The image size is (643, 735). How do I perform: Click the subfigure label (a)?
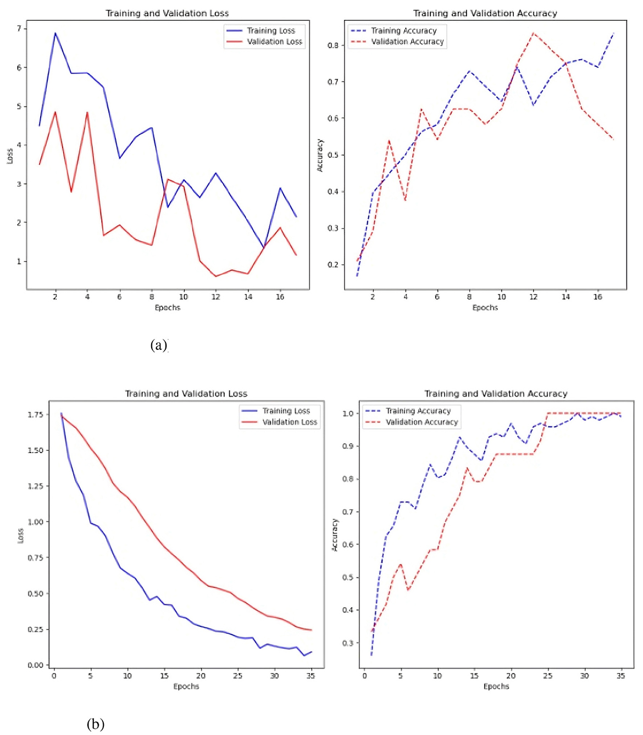(x=158, y=345)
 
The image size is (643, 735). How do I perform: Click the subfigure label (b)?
(x=95, y=724)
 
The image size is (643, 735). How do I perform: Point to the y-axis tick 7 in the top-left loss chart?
(x=19, y=29)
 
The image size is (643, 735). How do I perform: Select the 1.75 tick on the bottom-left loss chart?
(x=35, y=415)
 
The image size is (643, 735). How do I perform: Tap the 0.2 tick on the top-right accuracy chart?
(x=333, y=265)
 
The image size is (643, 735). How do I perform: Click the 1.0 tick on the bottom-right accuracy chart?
(x=347, y=414)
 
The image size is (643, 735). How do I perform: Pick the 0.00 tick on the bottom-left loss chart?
(x=35, y=665)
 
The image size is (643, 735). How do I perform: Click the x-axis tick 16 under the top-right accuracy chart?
(x=597, y=297)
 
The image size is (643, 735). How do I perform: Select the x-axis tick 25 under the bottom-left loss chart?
(x=237, y=676)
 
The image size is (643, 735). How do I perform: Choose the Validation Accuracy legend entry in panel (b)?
(x=422, y=422)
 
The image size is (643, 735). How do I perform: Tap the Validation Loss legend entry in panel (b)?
(x=289, y=422)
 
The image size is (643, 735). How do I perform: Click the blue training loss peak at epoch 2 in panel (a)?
(x=55, y=33)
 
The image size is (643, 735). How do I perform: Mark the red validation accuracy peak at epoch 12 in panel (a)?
(x=533, y=33)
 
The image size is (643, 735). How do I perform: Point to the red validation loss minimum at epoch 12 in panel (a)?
(x=216, y=276)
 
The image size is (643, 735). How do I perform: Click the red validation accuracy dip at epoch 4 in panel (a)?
(x=405, y=201)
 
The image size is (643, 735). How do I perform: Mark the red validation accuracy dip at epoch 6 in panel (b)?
(x=408, y=590)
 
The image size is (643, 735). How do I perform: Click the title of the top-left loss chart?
(x=167, y=13)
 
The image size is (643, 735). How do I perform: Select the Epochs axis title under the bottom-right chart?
(x=496, y=686)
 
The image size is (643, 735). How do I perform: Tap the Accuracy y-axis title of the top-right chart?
(x=320, y=155)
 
